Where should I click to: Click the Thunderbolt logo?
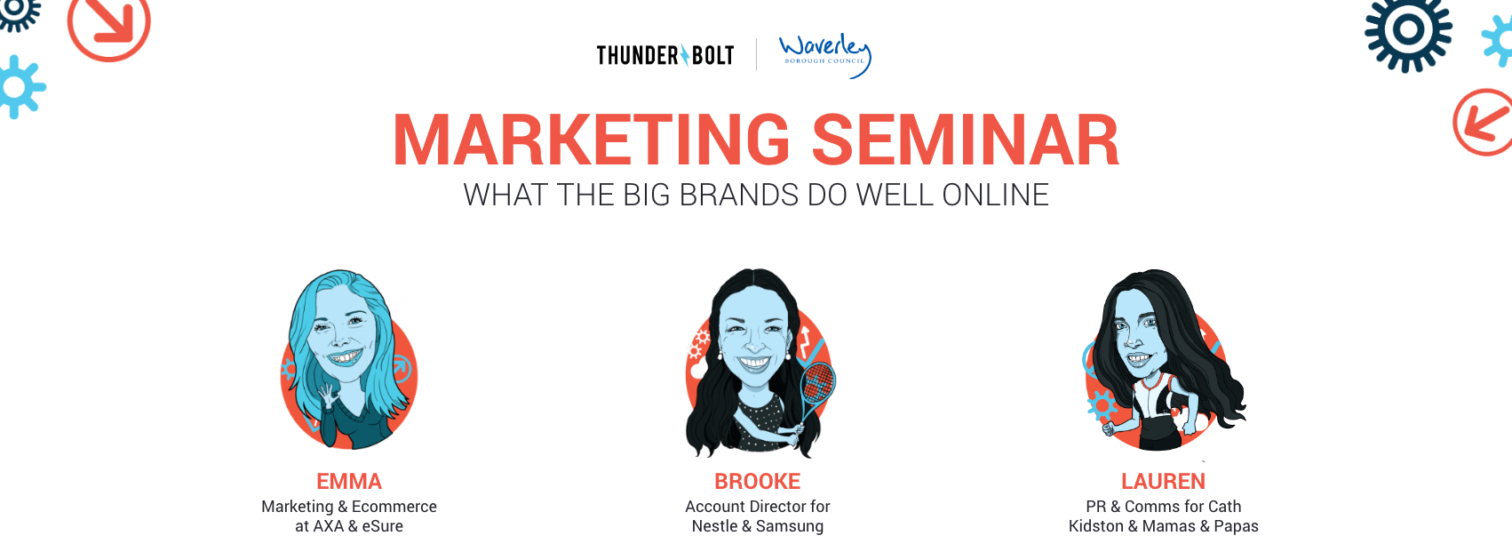pos(664,55)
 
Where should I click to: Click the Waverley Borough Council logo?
pos(825,55)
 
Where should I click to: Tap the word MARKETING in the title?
pos(592,140)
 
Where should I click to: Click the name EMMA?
pos(349,481)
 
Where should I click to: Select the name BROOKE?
pos(758,481)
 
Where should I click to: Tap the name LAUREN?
pos(1163,481)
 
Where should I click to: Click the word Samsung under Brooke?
pos(790,526)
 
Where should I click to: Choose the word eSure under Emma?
pos(382,525)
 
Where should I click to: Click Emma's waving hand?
pos(329,396)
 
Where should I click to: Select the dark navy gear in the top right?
pos(1408,30)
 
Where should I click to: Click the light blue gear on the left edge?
pos(20,87)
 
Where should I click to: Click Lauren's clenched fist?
pos(1108,428)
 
